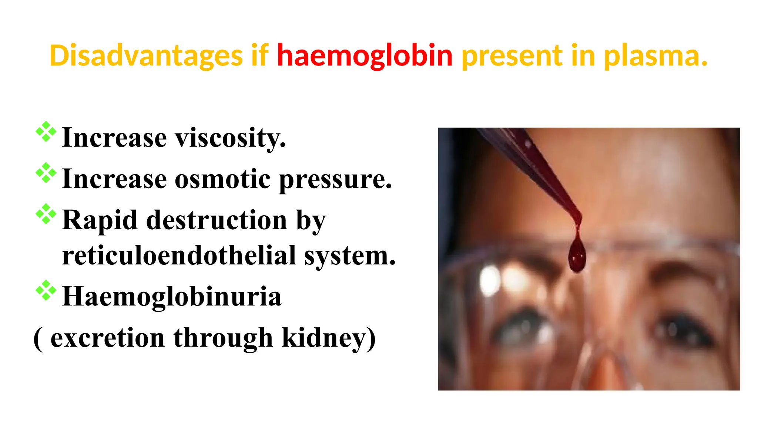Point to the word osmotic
222,179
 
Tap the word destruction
217,220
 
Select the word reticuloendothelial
179,256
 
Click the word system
350,256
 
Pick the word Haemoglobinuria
172,297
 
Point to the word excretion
108,338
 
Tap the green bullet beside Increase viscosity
46,132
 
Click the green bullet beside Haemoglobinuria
46,290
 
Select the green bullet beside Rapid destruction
46,214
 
